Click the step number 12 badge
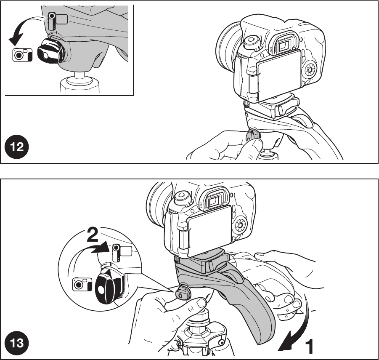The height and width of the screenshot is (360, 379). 17,147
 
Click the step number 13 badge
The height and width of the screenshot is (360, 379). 17,343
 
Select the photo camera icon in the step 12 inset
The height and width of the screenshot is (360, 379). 22,55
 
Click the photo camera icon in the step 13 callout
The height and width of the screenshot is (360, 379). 82,284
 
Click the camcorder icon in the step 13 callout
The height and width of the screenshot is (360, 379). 122,253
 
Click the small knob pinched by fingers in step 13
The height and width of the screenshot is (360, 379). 183,293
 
